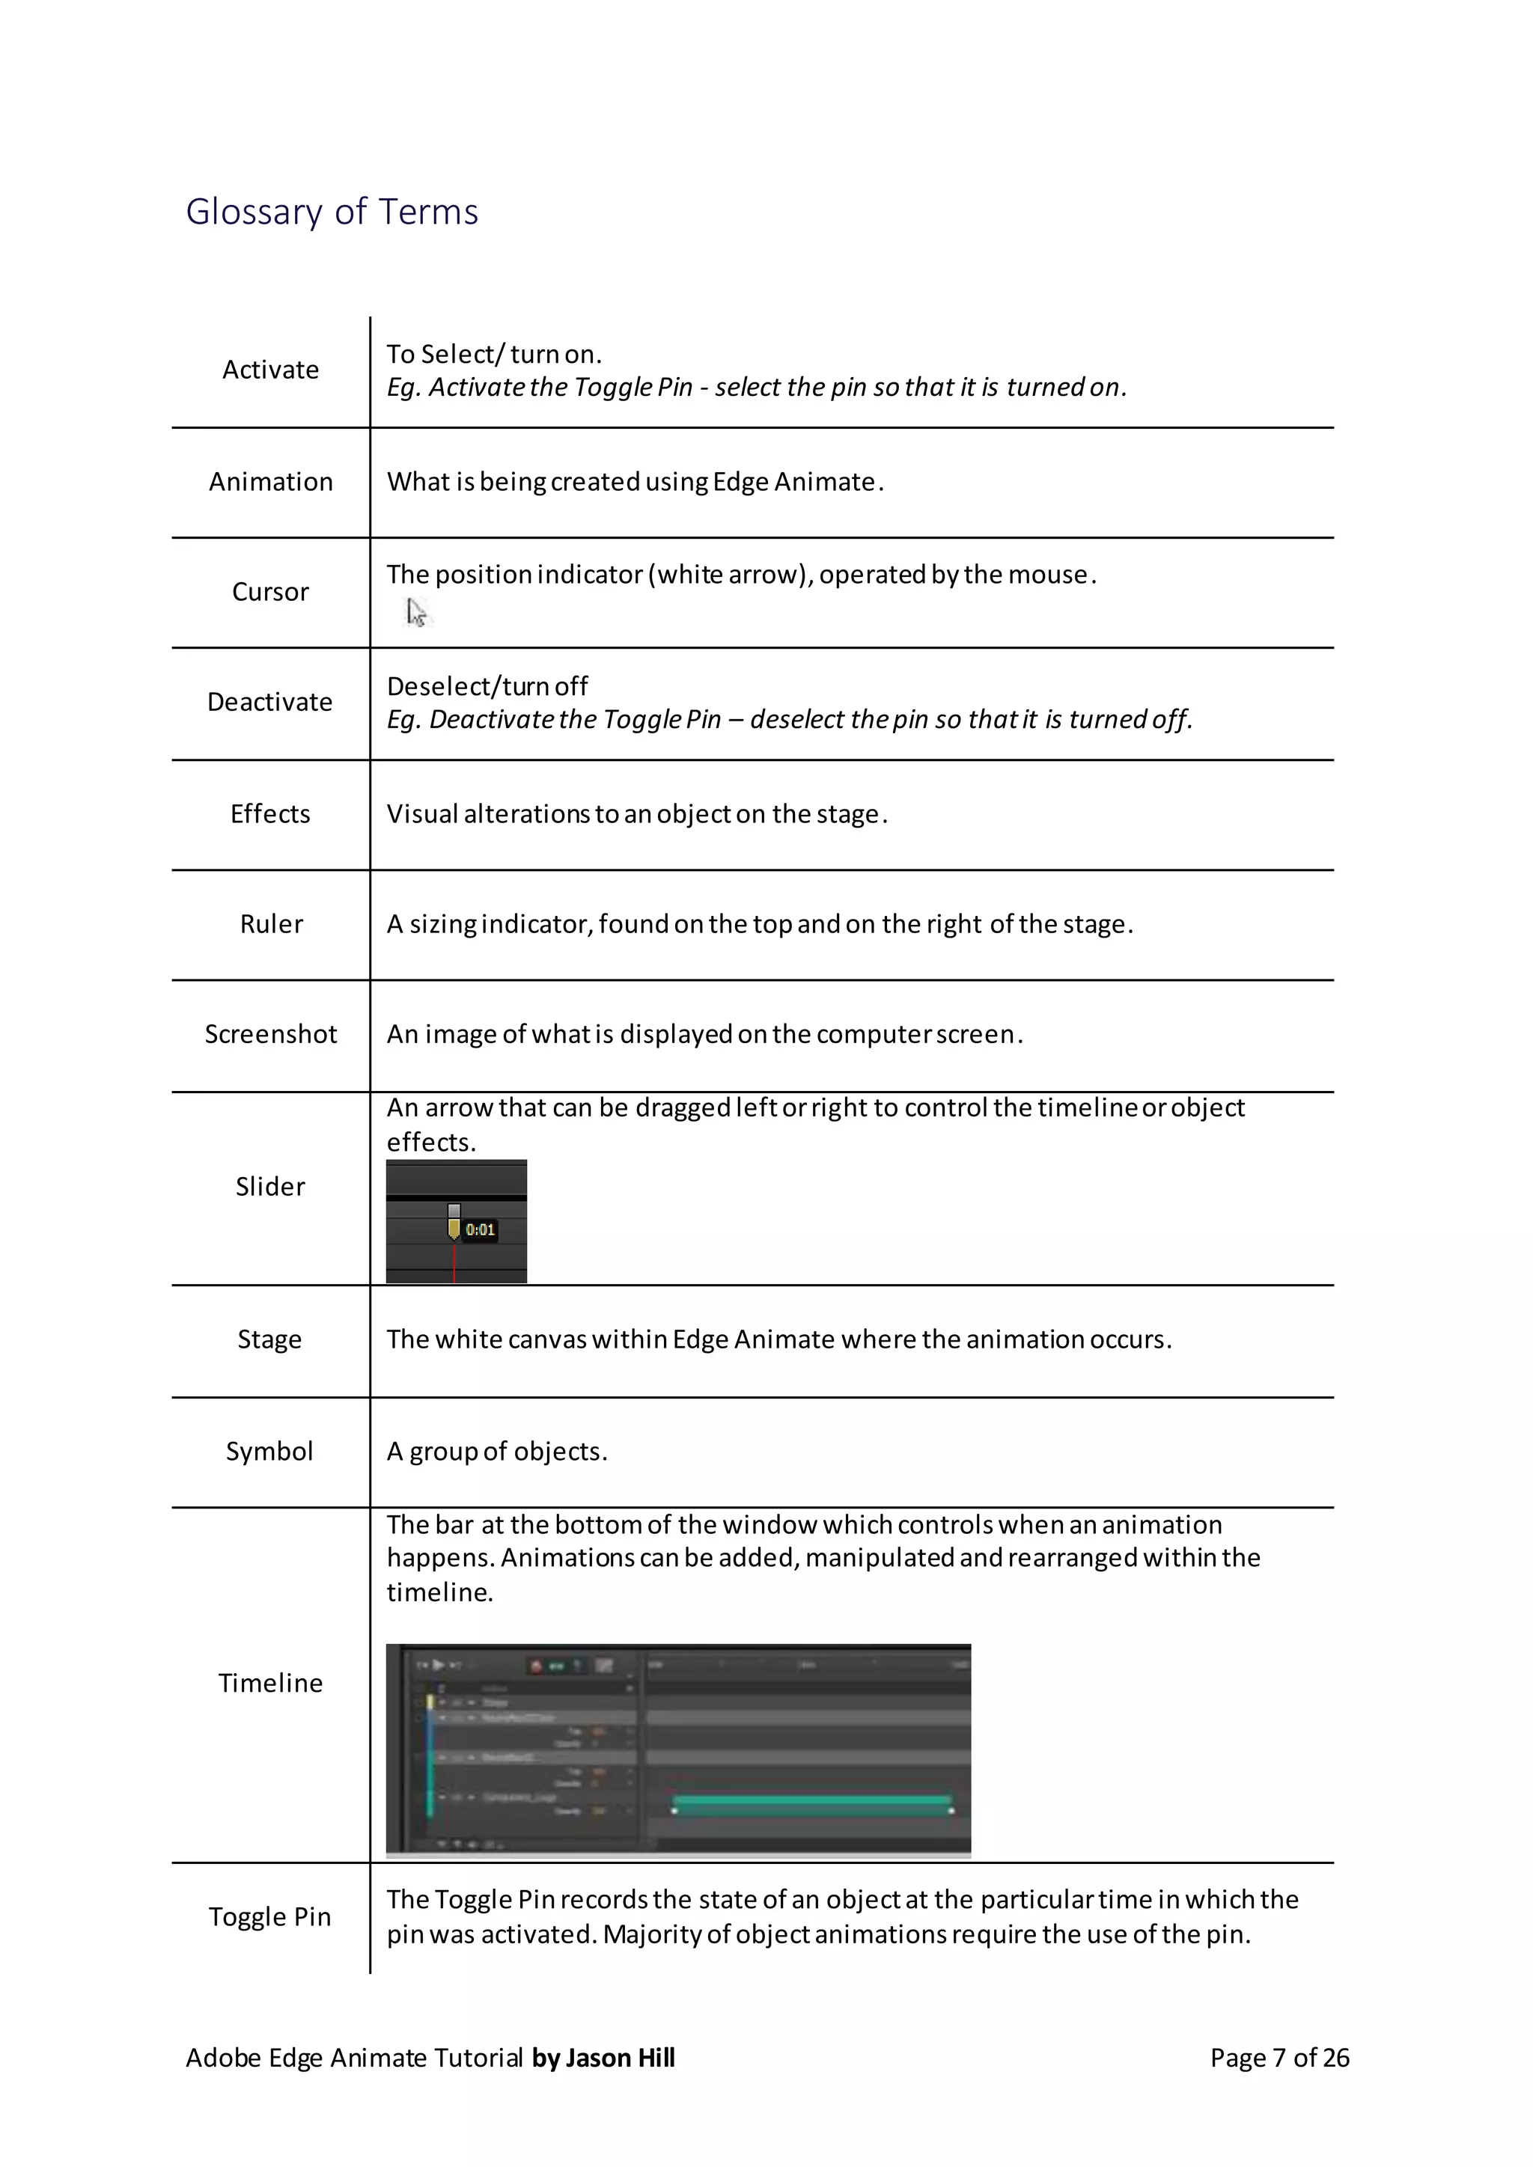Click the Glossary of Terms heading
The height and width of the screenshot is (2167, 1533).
point(332,212)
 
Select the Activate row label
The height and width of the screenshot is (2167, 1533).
point(270,370)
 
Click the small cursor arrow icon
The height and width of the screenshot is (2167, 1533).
point(415,613)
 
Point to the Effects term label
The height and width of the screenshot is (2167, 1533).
point(270,813)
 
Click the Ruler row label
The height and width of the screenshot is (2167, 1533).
point(271,924)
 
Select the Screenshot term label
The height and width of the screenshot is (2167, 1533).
point(270,1034)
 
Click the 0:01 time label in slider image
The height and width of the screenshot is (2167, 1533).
point(480,1230)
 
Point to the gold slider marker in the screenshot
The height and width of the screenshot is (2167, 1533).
point(454,1228)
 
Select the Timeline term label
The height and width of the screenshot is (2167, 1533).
point(270,1683)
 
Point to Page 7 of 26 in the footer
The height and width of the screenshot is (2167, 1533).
point(1279,2058)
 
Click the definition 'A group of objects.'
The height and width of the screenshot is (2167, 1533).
point(496,1451)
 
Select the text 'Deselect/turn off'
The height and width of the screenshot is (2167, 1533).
point(487,686)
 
